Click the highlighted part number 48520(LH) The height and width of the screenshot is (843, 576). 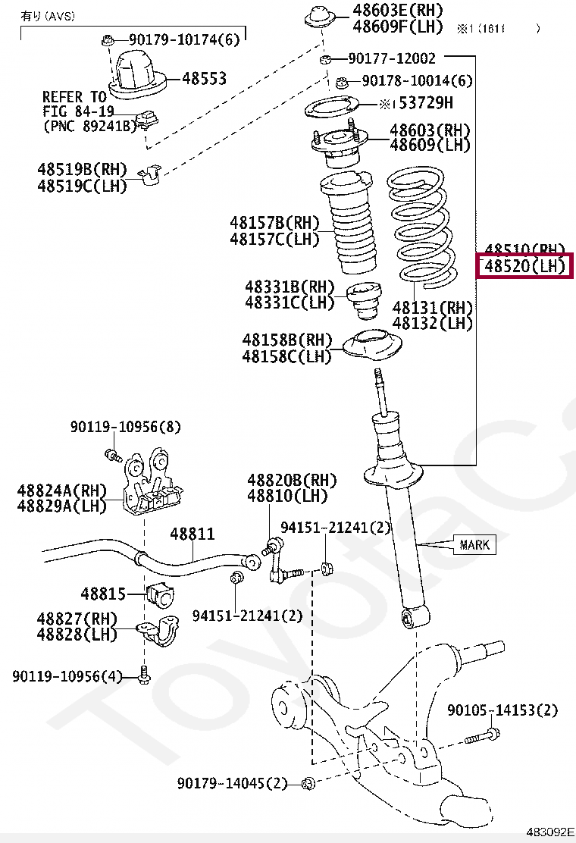tap(524, 266)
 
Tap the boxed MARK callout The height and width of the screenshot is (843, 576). tap(474, 544)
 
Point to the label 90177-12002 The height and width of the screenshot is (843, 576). tap(392, 58)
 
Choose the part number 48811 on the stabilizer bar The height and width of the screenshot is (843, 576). tap(193, 534)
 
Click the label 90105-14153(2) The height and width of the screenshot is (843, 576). tap(502, 710)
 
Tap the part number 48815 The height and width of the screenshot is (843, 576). tap(104, 593)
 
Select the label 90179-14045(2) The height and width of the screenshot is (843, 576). tap(233, 783)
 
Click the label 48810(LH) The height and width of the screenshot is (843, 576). tap(287, 497)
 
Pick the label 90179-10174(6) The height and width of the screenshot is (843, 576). tap(183, 39)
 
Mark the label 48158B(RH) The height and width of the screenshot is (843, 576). tap(286, 340)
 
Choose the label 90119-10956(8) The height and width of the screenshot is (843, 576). tap(126, 428)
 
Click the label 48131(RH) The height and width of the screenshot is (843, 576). tap(432, 308)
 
